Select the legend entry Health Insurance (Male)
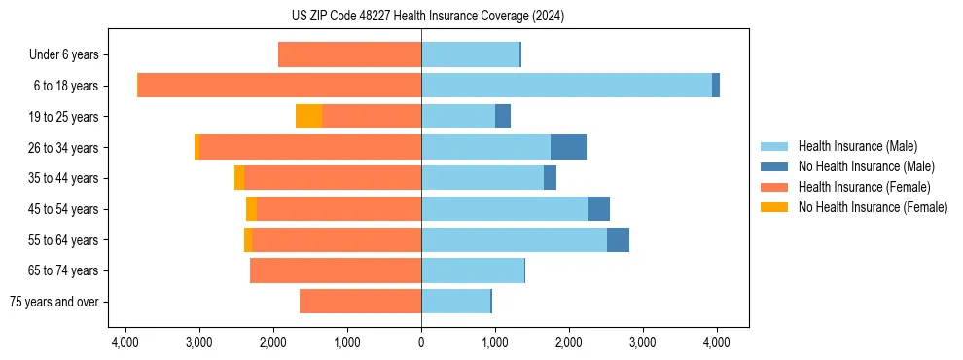857,146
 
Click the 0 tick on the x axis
421,342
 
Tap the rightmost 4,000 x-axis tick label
717,342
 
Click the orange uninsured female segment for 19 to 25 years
308,117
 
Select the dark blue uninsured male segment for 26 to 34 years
568,147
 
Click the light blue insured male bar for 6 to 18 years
566,86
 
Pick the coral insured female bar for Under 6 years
349,55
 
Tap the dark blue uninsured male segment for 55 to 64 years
618,239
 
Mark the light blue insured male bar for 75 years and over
455,302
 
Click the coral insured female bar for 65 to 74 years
336,270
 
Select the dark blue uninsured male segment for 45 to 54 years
599,209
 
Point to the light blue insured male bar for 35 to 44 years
482,178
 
